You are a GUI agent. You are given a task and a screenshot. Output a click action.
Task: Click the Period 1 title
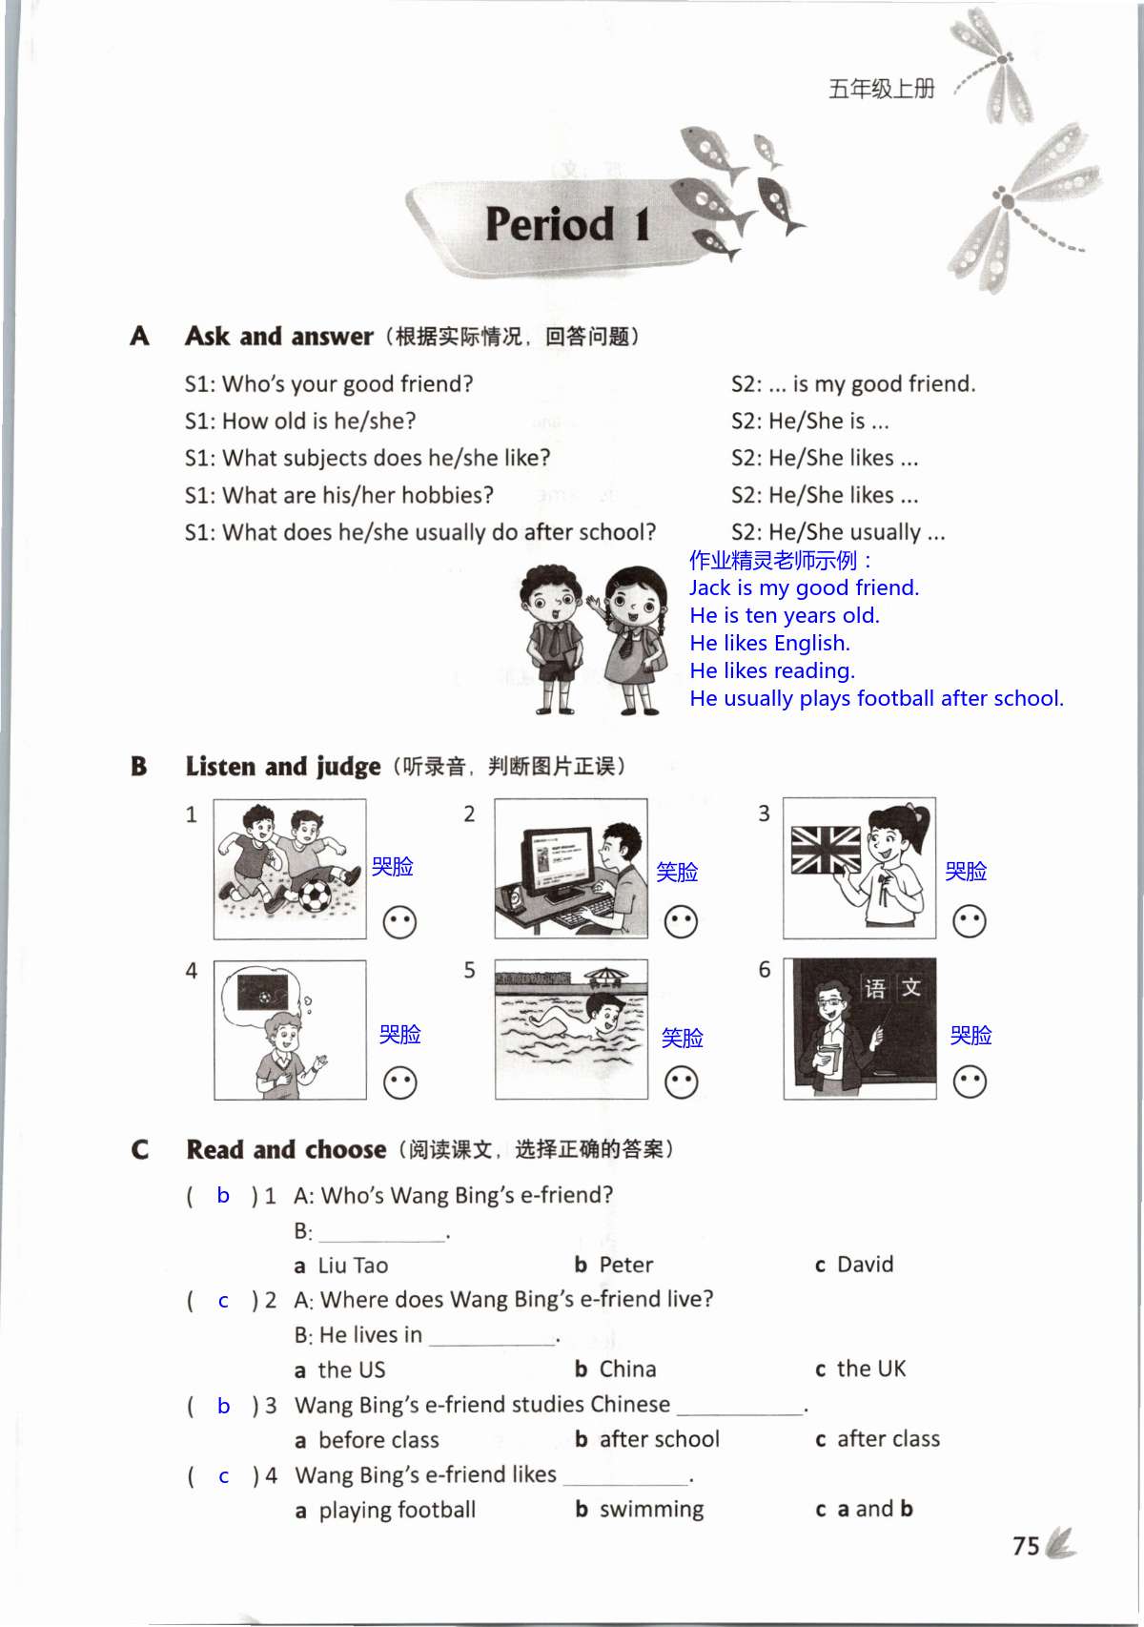pos(567,225)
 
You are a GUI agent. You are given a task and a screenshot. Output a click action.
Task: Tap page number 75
pos(1026,1546)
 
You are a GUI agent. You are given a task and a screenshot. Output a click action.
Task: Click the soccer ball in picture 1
pos(315,896)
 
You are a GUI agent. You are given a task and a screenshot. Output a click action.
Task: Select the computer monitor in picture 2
pos(558,858)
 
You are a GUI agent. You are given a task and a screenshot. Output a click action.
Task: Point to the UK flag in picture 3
pos(826,850)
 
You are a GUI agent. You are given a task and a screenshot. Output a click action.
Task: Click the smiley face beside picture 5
pos(681,1082)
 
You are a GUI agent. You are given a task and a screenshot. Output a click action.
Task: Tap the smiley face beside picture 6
pos(970,1081)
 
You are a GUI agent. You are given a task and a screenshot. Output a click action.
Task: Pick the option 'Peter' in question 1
pos(624,1266)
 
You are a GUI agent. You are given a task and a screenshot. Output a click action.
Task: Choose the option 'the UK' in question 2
pos(870,1370)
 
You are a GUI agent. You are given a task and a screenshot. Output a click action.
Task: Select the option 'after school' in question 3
pos(659,1439)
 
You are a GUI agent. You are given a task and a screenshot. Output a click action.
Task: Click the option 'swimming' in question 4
pos(651,1510)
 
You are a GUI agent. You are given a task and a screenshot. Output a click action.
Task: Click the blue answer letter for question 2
pos(223,1301)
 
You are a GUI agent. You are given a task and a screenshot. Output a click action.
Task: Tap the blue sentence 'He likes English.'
pos(769,643)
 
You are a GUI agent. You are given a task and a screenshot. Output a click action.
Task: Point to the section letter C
pos(140,1149)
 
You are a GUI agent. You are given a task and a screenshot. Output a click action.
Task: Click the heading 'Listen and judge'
pos(282,767)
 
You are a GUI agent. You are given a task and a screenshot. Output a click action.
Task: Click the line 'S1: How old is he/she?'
pos(300,421)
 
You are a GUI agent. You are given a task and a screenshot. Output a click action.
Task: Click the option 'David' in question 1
pos(865,1265)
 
